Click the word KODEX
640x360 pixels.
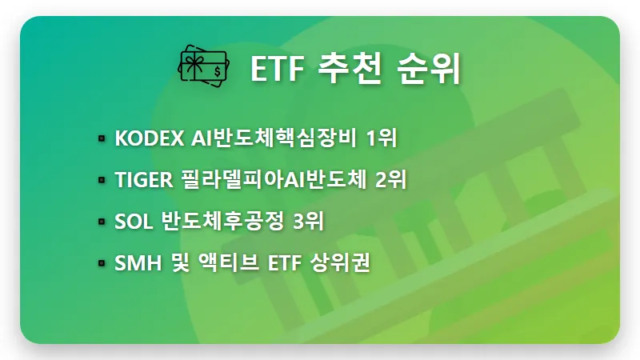pos(149,138)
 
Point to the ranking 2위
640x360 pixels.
pos(390,180)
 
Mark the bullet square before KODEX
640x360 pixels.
pos(102,139)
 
